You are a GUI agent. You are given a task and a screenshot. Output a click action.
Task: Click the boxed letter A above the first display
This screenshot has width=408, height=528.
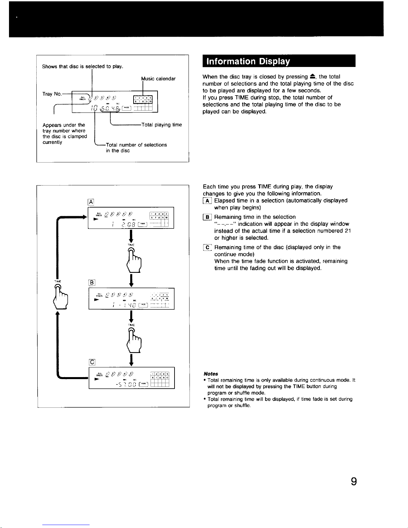coord(91,202)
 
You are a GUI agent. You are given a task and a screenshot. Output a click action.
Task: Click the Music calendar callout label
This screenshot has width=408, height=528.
coord(158,79)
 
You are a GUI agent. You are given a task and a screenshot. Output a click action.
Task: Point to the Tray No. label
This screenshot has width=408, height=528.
coord(52,94)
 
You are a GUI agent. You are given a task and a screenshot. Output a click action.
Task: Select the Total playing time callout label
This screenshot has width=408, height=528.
coord(162,125)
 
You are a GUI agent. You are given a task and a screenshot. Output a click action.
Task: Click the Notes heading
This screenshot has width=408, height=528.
coord(211,374)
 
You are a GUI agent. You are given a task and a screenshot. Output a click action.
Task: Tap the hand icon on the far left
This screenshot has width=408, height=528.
coord(62,296)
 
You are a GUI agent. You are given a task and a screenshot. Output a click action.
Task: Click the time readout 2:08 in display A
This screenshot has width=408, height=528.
coord(127,224)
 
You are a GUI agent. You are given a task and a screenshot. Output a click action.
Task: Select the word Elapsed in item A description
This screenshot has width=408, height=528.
coord(224,201)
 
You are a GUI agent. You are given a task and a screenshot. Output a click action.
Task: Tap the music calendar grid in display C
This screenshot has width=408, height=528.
coord(160,379)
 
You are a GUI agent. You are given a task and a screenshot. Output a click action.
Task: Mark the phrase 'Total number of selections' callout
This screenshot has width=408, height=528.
coord(136,145)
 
